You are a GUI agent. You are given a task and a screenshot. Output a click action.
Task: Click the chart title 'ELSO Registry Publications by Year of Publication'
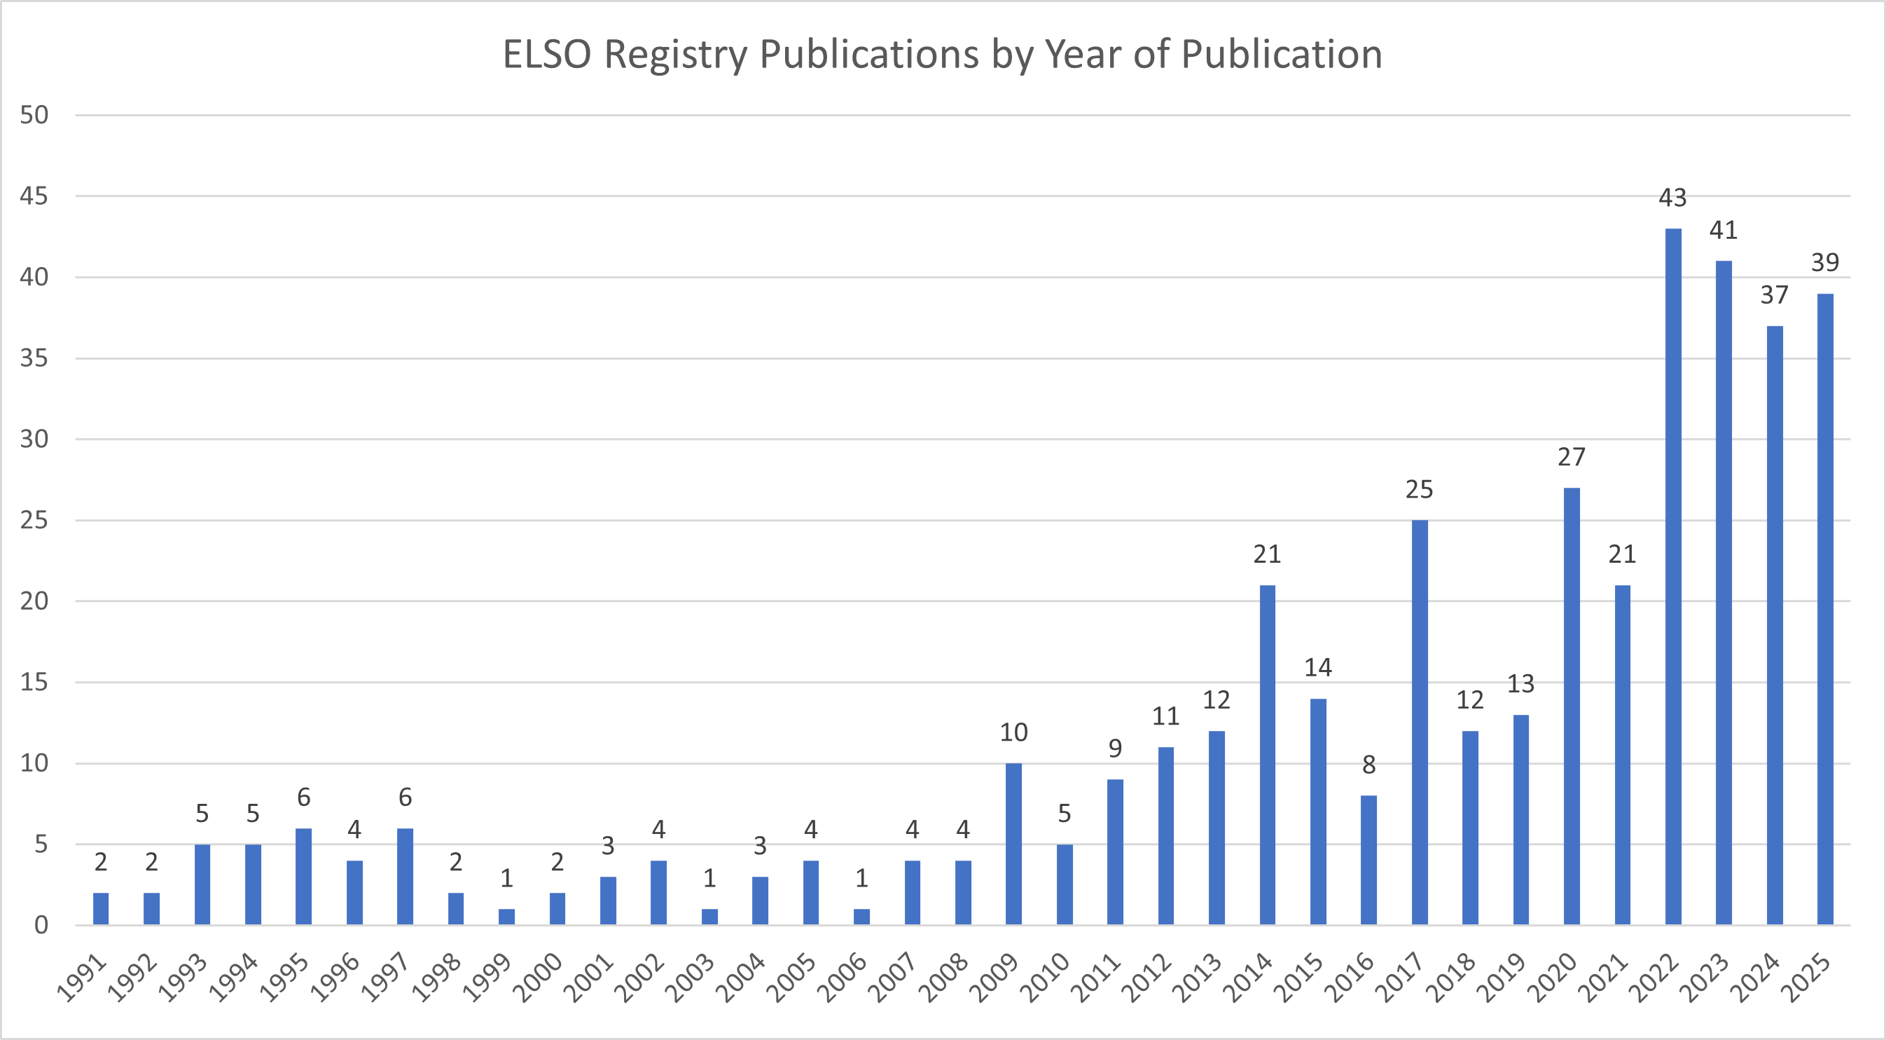(x=942, y=54)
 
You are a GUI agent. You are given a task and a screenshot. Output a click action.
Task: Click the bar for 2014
(x=1268, y=754)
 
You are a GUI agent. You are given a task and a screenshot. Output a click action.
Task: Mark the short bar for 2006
(x=861, y=917)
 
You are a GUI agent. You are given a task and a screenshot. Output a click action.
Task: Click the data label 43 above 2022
(x=1673, y=198)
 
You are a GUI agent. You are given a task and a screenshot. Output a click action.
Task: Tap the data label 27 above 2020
(x=1571, y=457)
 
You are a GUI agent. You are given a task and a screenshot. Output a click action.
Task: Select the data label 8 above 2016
(x=1368, y=765)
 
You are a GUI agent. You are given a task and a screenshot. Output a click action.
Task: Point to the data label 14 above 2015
(x=1318, y=667)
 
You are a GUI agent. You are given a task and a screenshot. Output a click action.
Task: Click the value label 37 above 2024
(x=1774, y=295)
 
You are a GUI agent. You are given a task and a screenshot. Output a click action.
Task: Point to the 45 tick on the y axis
(x=34, y=196)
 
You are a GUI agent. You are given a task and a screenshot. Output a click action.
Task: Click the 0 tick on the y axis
(x=41, y=926)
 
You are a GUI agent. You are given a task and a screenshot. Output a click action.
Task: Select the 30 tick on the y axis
(x=34, y=439)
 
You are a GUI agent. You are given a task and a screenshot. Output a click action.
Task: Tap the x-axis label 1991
(x=82, y=978)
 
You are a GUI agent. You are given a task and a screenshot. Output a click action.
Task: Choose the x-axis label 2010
(x=1046, y=978)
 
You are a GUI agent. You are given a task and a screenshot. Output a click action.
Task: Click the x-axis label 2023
(x=1705, y=978)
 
